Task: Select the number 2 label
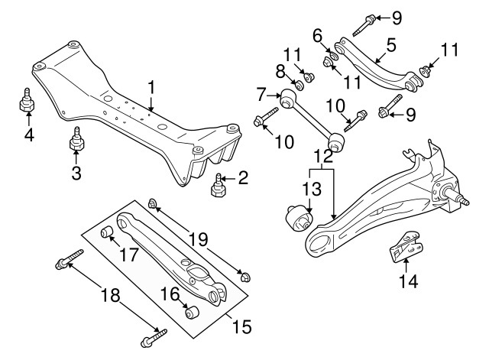tap(242, 179)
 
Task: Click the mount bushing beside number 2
tap(219, 186)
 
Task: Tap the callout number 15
tap(241, 329)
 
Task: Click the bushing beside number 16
tap(192, 313)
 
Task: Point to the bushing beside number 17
tap(108, 232)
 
